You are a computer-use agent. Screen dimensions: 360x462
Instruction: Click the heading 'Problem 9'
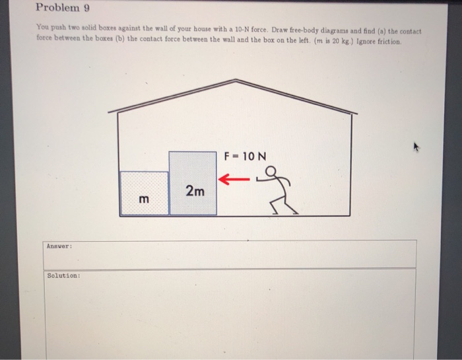63,9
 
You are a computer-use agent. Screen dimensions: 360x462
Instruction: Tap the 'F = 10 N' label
245,157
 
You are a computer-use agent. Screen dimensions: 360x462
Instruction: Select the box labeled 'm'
145,194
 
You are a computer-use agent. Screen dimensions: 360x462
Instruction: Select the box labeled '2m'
193,184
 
